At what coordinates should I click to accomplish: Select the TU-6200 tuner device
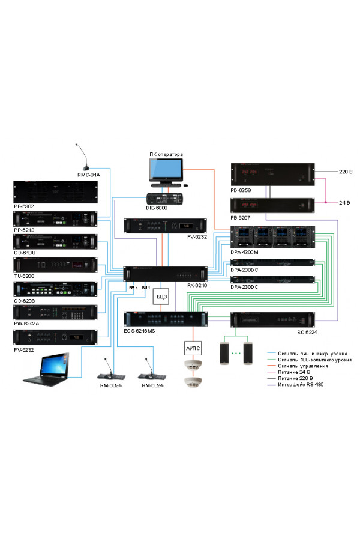click(55, 265)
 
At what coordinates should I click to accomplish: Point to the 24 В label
click(344, 203)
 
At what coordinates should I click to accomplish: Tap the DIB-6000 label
click(157, 208)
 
